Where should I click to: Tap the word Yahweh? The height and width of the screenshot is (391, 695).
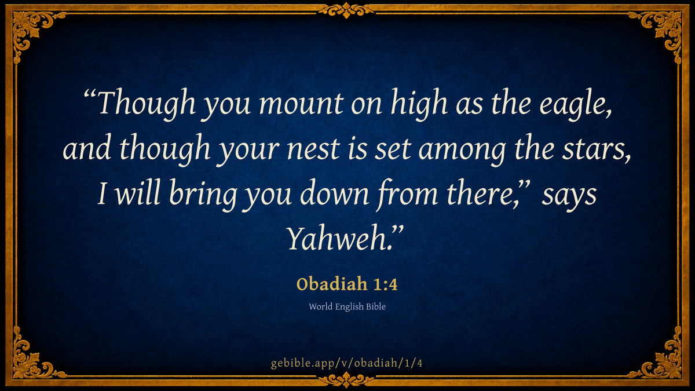[x=338, y=238]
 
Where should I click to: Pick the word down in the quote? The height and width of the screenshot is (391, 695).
[x=335, y=193]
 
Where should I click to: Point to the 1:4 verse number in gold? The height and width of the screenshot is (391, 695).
[x=385, y=284]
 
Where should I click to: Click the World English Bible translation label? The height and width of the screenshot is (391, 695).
[x=347, y=307]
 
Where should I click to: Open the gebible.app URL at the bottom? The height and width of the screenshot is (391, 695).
[x=346, y=363]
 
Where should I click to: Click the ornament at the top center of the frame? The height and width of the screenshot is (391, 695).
[x=346, y=10]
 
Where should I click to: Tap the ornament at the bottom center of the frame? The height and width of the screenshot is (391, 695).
[x=346, y=379]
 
